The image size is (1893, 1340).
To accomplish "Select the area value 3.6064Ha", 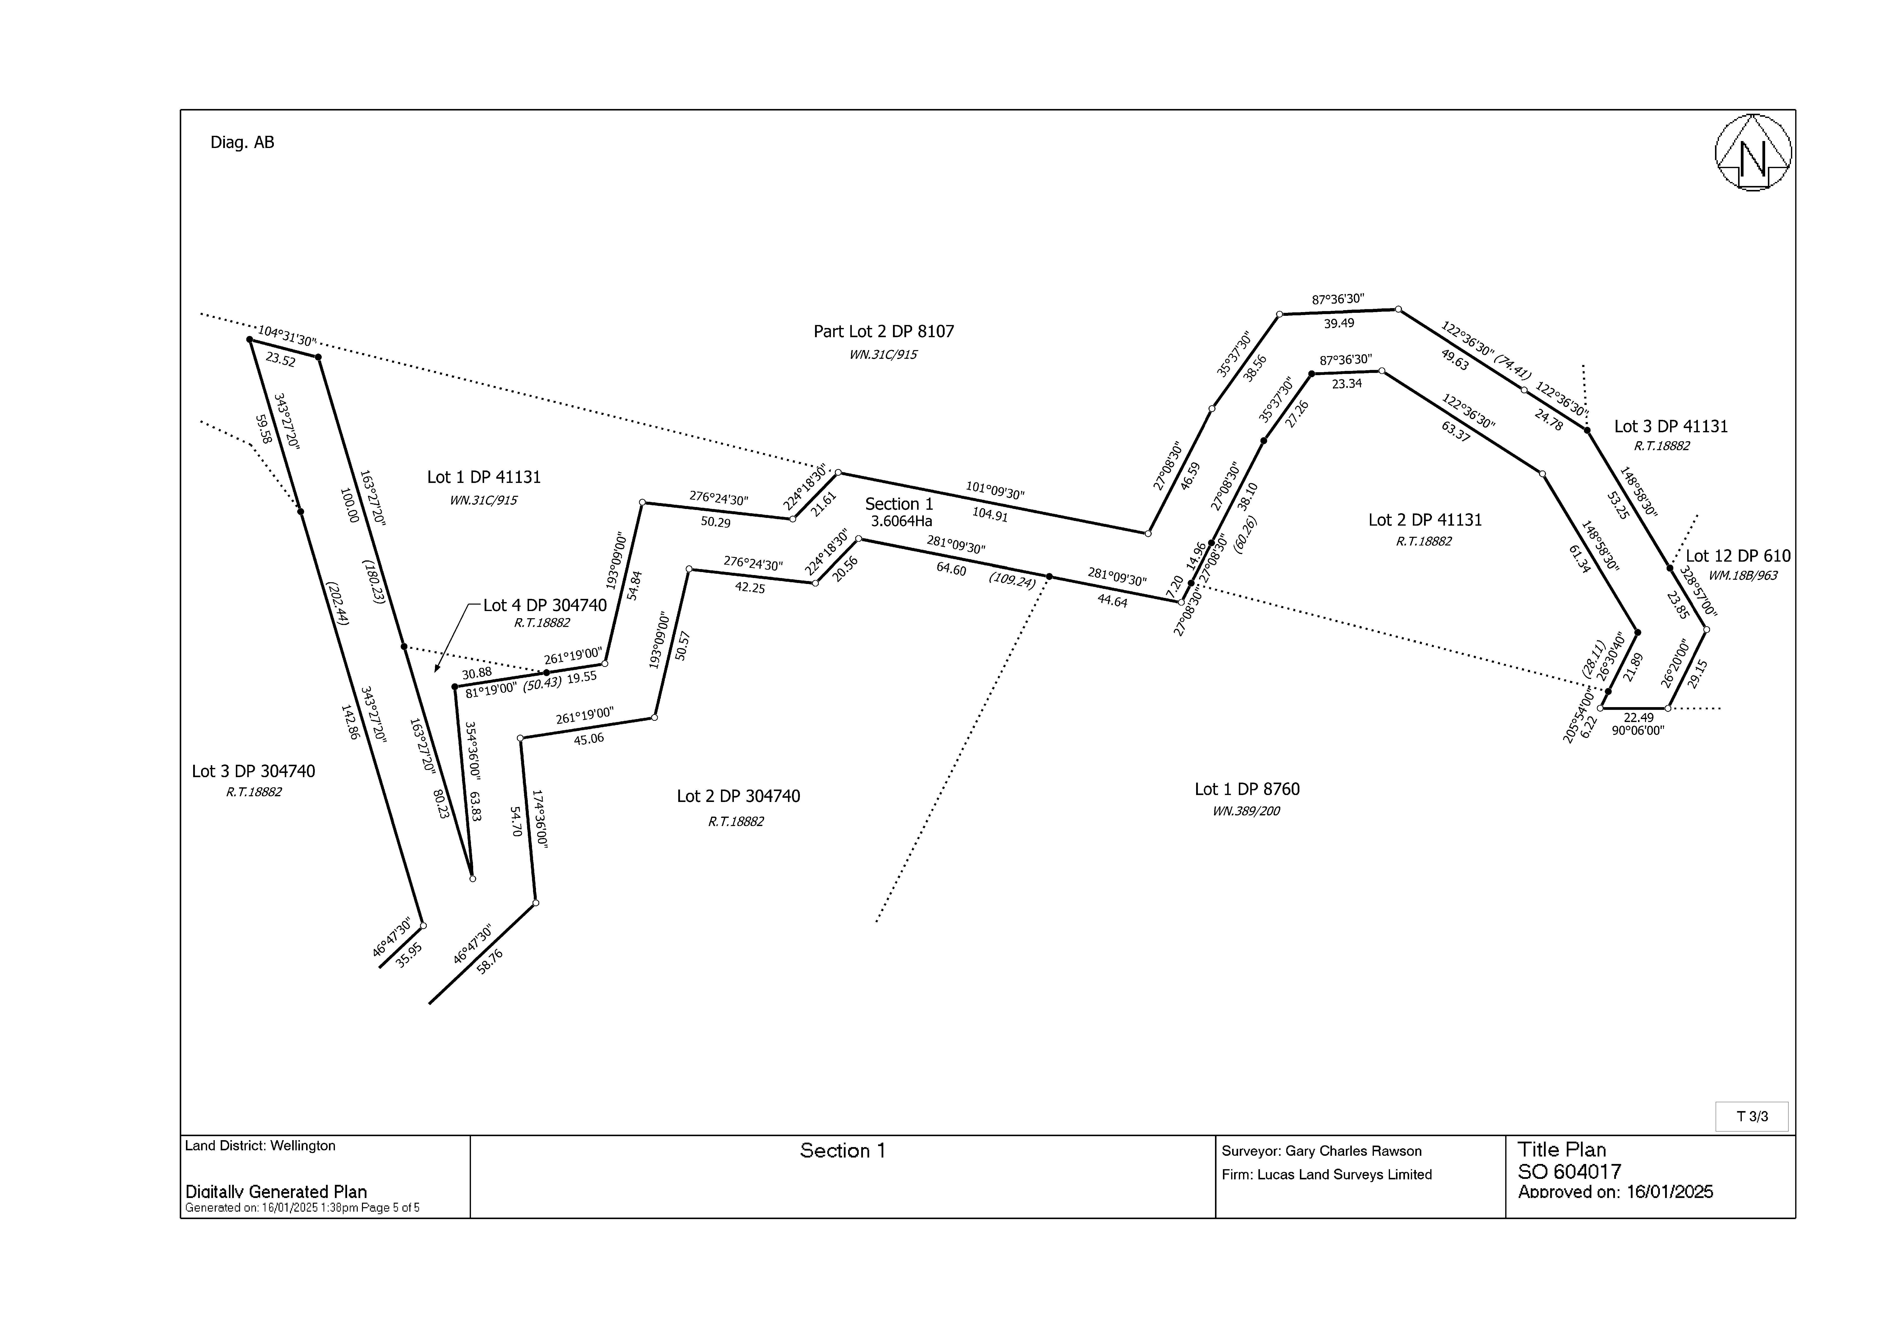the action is [901, 521].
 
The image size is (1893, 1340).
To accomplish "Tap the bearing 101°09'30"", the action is [995, 491].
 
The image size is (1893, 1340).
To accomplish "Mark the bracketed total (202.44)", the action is [337, 603].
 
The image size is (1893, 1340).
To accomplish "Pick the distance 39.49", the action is [1339, 324].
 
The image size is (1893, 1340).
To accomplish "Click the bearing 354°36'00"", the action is [473, 751].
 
